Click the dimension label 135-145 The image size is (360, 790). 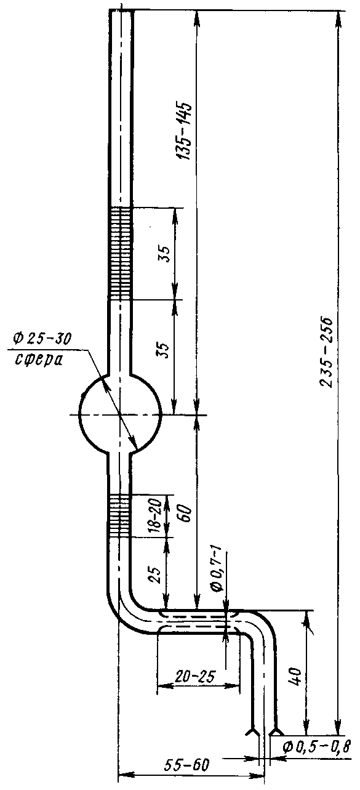(x=185, y=131)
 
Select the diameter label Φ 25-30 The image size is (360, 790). (x=42, y=339)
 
